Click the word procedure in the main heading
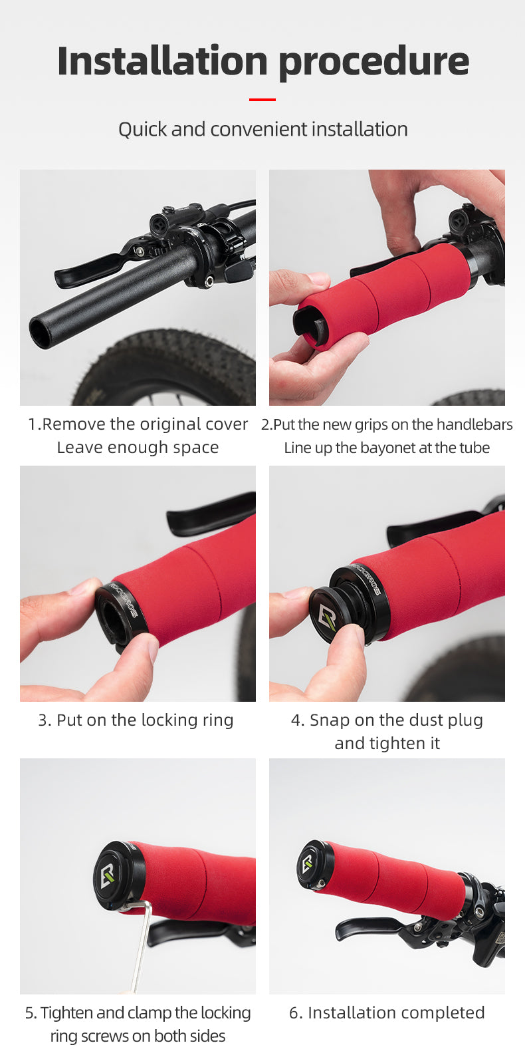tap(373, 62)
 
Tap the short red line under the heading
tap(262, 99)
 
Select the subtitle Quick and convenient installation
tap(262, 129)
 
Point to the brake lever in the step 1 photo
tap(86, 270)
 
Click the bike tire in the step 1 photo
tap(179, 373)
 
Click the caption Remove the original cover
tap(138, 424)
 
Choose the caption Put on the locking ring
tap(136, 720)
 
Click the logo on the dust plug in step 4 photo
tap(327, 619)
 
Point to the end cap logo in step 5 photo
tap(107, 877)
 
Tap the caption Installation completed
tap(387, 1013)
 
